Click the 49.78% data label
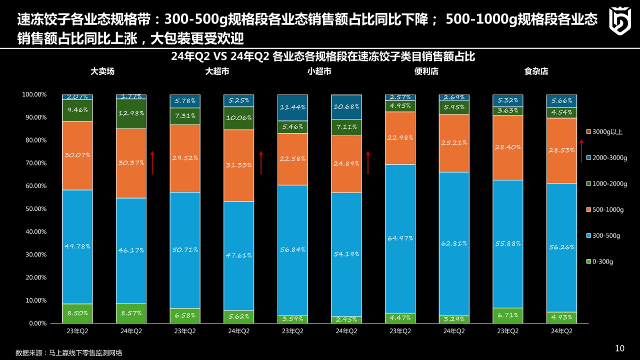coord(77,245)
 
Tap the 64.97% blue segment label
coord(400,238)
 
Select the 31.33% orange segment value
coord(239,165)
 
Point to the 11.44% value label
coord(293,107)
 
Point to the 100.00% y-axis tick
coord(33,94)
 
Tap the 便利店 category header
coord(426,71)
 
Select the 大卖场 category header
coord(102,71)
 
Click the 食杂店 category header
coord(536,71)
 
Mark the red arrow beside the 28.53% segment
coord(581,151)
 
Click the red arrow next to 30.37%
coord(152,162)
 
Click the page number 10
coord(619,348)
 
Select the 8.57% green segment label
coord(131,313)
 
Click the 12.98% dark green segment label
coord(131,113)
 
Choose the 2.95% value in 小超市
coord(346,319)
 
